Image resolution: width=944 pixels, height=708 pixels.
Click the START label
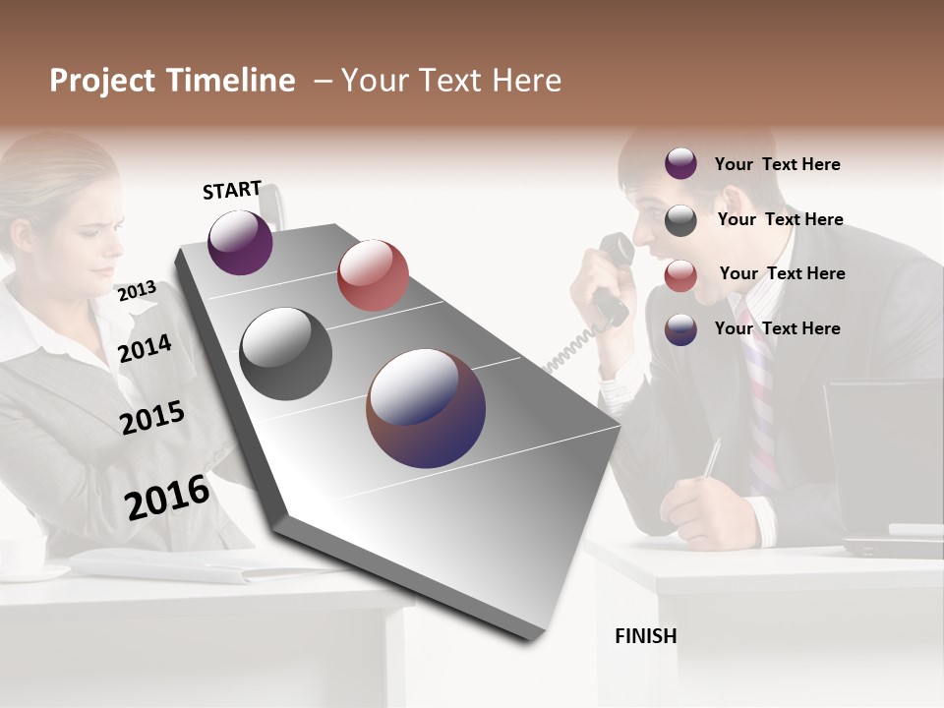(232, 190)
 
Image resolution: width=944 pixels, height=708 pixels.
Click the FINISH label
(645, 636)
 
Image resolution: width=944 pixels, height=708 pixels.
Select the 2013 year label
(137, 291)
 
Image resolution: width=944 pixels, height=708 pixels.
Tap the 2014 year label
(145, 348)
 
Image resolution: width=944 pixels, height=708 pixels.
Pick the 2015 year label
(152, 417)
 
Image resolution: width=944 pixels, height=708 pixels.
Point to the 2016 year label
(167, 498)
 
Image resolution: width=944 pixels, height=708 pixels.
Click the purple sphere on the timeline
(240, 242)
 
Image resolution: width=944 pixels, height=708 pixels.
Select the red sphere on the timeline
(373, 275)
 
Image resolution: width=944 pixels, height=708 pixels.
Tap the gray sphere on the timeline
(285, 354)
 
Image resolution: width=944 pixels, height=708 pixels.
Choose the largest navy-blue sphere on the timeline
(426, 408)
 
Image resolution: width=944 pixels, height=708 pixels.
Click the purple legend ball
(680, 163)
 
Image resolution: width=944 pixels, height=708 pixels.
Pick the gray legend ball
(680, 220)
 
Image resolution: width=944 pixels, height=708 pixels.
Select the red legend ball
(680, 275)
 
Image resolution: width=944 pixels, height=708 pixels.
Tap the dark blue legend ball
(680, 329)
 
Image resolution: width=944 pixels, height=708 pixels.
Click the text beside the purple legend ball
(777, 164)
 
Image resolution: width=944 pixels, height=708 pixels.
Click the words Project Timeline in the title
(172, 81)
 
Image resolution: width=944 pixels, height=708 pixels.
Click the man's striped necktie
(759, 403)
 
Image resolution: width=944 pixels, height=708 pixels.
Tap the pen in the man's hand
(712, 458)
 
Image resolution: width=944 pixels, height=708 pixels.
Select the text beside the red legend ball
(782, 273)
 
